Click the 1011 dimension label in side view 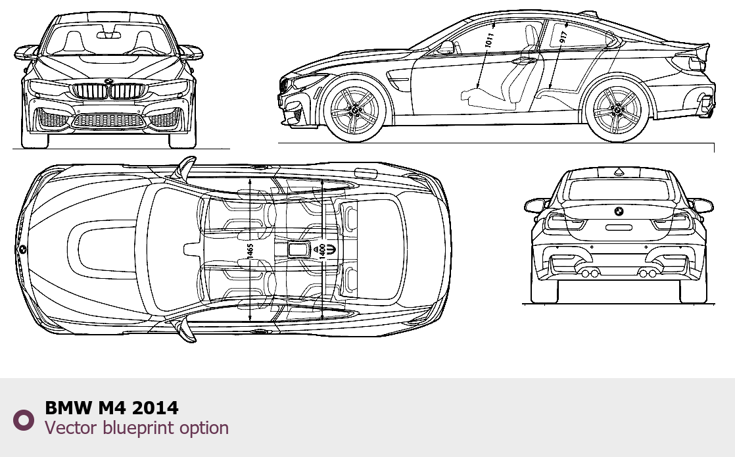489,39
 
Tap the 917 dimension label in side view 563,37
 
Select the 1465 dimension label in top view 250,251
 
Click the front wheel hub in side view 355,110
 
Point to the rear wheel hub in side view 617,110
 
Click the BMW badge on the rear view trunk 619,211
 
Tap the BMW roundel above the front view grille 108,81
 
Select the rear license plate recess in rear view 619,228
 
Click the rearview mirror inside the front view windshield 108,35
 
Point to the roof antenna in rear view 619,172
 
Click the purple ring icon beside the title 24,420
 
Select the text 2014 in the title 155,408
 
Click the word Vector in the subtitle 71,428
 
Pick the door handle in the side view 525,60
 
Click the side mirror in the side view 447,47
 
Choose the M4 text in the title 112,408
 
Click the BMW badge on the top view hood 22,250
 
